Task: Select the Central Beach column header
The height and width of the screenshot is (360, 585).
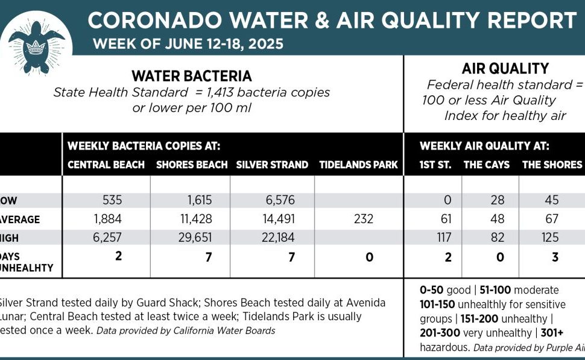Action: pyautogui.click(x=106, y=165)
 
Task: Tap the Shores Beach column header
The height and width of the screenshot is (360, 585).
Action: pyautogui.click(x=192, y=165)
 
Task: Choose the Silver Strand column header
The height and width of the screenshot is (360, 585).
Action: pyautogui.click(x=272, y=165)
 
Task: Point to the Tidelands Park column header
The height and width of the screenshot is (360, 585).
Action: pyautogui.click(x=358, y=165)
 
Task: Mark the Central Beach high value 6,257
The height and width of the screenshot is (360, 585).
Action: pyautogui.click(x=107, y=238)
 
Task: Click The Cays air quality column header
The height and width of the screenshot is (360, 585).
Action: pyautogui.click(x=486, y=165)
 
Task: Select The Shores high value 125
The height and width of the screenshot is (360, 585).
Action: pyautogui.click(x=549, y=238)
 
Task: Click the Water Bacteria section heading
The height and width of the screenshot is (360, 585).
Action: pyautogui.click(x=192, y=77)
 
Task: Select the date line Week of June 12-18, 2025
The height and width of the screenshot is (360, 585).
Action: pyautogui.click(x=188, y=44)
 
